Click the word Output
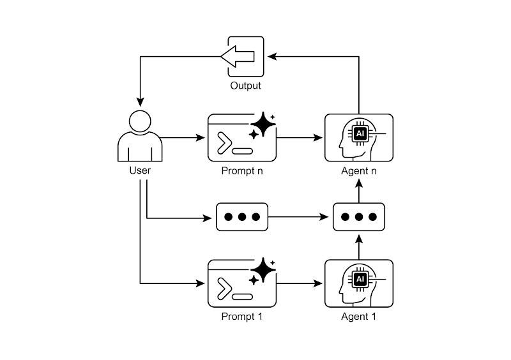(x=245, y=86)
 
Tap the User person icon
(x=140, y=137)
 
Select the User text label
(x=140, y=170)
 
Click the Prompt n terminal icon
(x=242, y=138)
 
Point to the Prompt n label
(x=242, y=170)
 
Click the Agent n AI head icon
(x=358, y=137)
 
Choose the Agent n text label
(x=358, y=170)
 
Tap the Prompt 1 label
(x=242, y=317)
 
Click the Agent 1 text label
(x=358, y=317)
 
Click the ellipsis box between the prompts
(x=242, y=217)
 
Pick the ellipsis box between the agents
(x=358, y=217)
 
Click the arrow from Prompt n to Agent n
(x=300, y=137)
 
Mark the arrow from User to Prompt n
(x=183, y=137)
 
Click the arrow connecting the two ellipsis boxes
(x=300, y=217)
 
